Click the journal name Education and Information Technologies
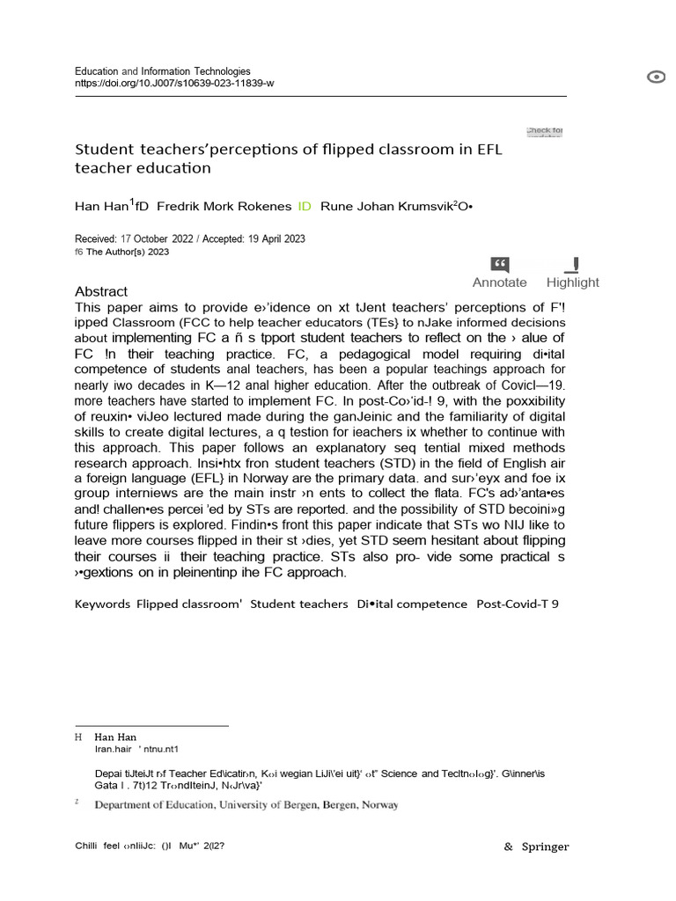pos(163,71)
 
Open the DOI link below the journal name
pos(174,83)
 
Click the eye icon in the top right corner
pos(656,77)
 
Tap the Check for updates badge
pos(544,132)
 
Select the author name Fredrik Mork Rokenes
pos(224,206)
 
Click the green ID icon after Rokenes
pos(305,206)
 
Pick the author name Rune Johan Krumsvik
pos(384,206)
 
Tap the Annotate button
pos(499,273)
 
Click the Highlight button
pos(572,273)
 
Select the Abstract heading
pos(101,291)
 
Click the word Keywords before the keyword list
pos(102,604)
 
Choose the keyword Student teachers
pos(298,604)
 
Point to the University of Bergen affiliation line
pos(246,804)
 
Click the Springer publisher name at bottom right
pos(546,846)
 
